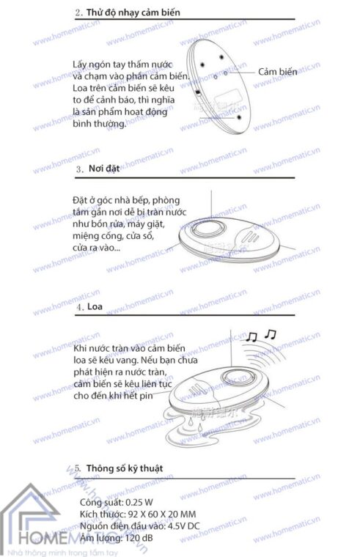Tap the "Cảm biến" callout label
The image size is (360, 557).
(x=277, y=72)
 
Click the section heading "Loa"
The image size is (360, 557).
(x=94, y=308)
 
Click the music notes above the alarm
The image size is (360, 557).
(x=261, y=336)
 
